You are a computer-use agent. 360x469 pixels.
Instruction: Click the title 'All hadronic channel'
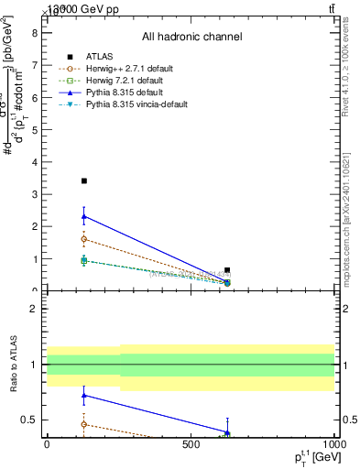(x=191, y=37)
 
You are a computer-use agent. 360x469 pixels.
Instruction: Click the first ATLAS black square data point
(x=84, y=181)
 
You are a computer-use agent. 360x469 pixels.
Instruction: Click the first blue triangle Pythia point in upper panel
(x=84, y=216)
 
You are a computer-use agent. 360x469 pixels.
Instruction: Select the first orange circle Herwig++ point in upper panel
(x=84, y=239)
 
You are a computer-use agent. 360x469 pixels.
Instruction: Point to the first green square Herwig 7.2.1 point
(x=84, y=260)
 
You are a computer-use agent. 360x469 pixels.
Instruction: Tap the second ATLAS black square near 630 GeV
(x=227, y=270)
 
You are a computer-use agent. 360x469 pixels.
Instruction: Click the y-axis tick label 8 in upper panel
(x=34, y=33)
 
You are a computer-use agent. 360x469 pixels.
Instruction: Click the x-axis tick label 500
(x=191, y=444)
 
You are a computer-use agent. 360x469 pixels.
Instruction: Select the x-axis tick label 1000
(x=333, y=444)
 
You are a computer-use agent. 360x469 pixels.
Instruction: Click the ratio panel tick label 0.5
(x=30, y=420)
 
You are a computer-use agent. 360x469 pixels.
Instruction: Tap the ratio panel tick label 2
(x=34, y=309)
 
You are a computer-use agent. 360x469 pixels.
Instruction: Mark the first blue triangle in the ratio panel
(x=84, y=396)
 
